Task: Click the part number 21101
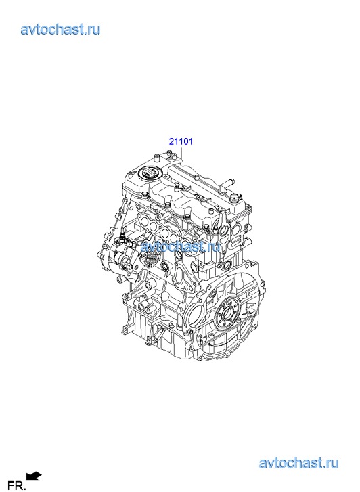pos(181,141)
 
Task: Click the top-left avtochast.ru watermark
pos(60,30)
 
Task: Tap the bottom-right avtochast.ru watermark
pos(298,463)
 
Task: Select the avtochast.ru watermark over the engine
pos(180,246)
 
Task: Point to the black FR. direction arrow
pos(35,476)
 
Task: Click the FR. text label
pos(16,486)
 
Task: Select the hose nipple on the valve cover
pos(227,182)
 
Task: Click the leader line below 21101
pos(182,153)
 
